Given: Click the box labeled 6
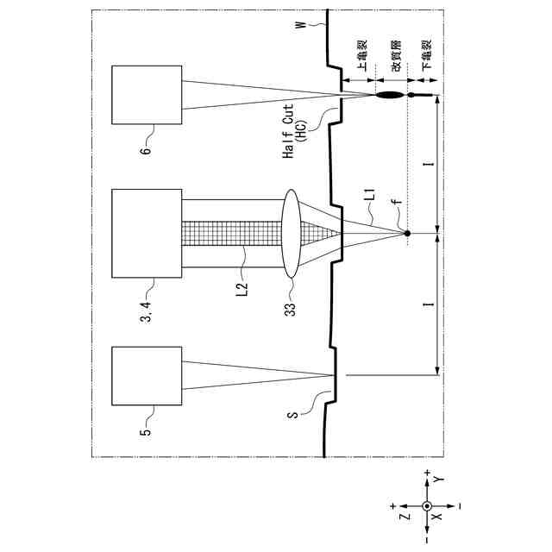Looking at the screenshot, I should (147, 96).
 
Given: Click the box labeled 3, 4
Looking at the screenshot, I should (147, 234).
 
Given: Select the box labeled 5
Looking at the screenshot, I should (147, 374).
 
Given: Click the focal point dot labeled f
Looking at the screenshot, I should (407, 234).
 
